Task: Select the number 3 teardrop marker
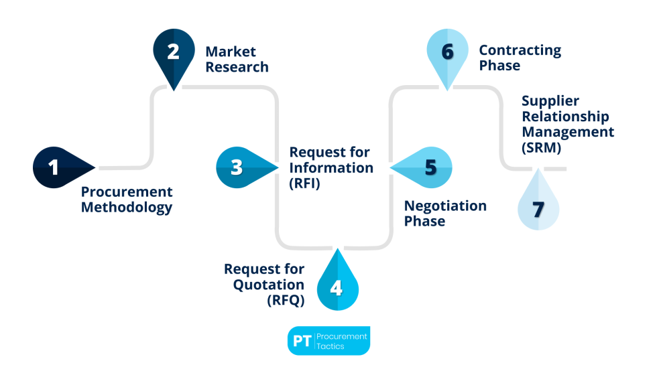coord(237,167)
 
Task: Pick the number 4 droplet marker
coord(337,287)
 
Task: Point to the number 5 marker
coord(430,167)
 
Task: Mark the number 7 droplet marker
coord(538,208)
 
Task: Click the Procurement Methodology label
coord(127,200)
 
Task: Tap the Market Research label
coord(237,59)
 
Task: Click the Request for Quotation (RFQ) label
coord(264,285)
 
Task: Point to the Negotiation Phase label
coord(445,213)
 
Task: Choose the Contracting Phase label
coord(520,58)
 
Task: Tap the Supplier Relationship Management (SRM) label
coord(567,124)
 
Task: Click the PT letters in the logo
coord(302,341)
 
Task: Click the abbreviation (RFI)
coord(304,182)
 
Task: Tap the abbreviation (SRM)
coord(542,147)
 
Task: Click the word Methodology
coord(127,208)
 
